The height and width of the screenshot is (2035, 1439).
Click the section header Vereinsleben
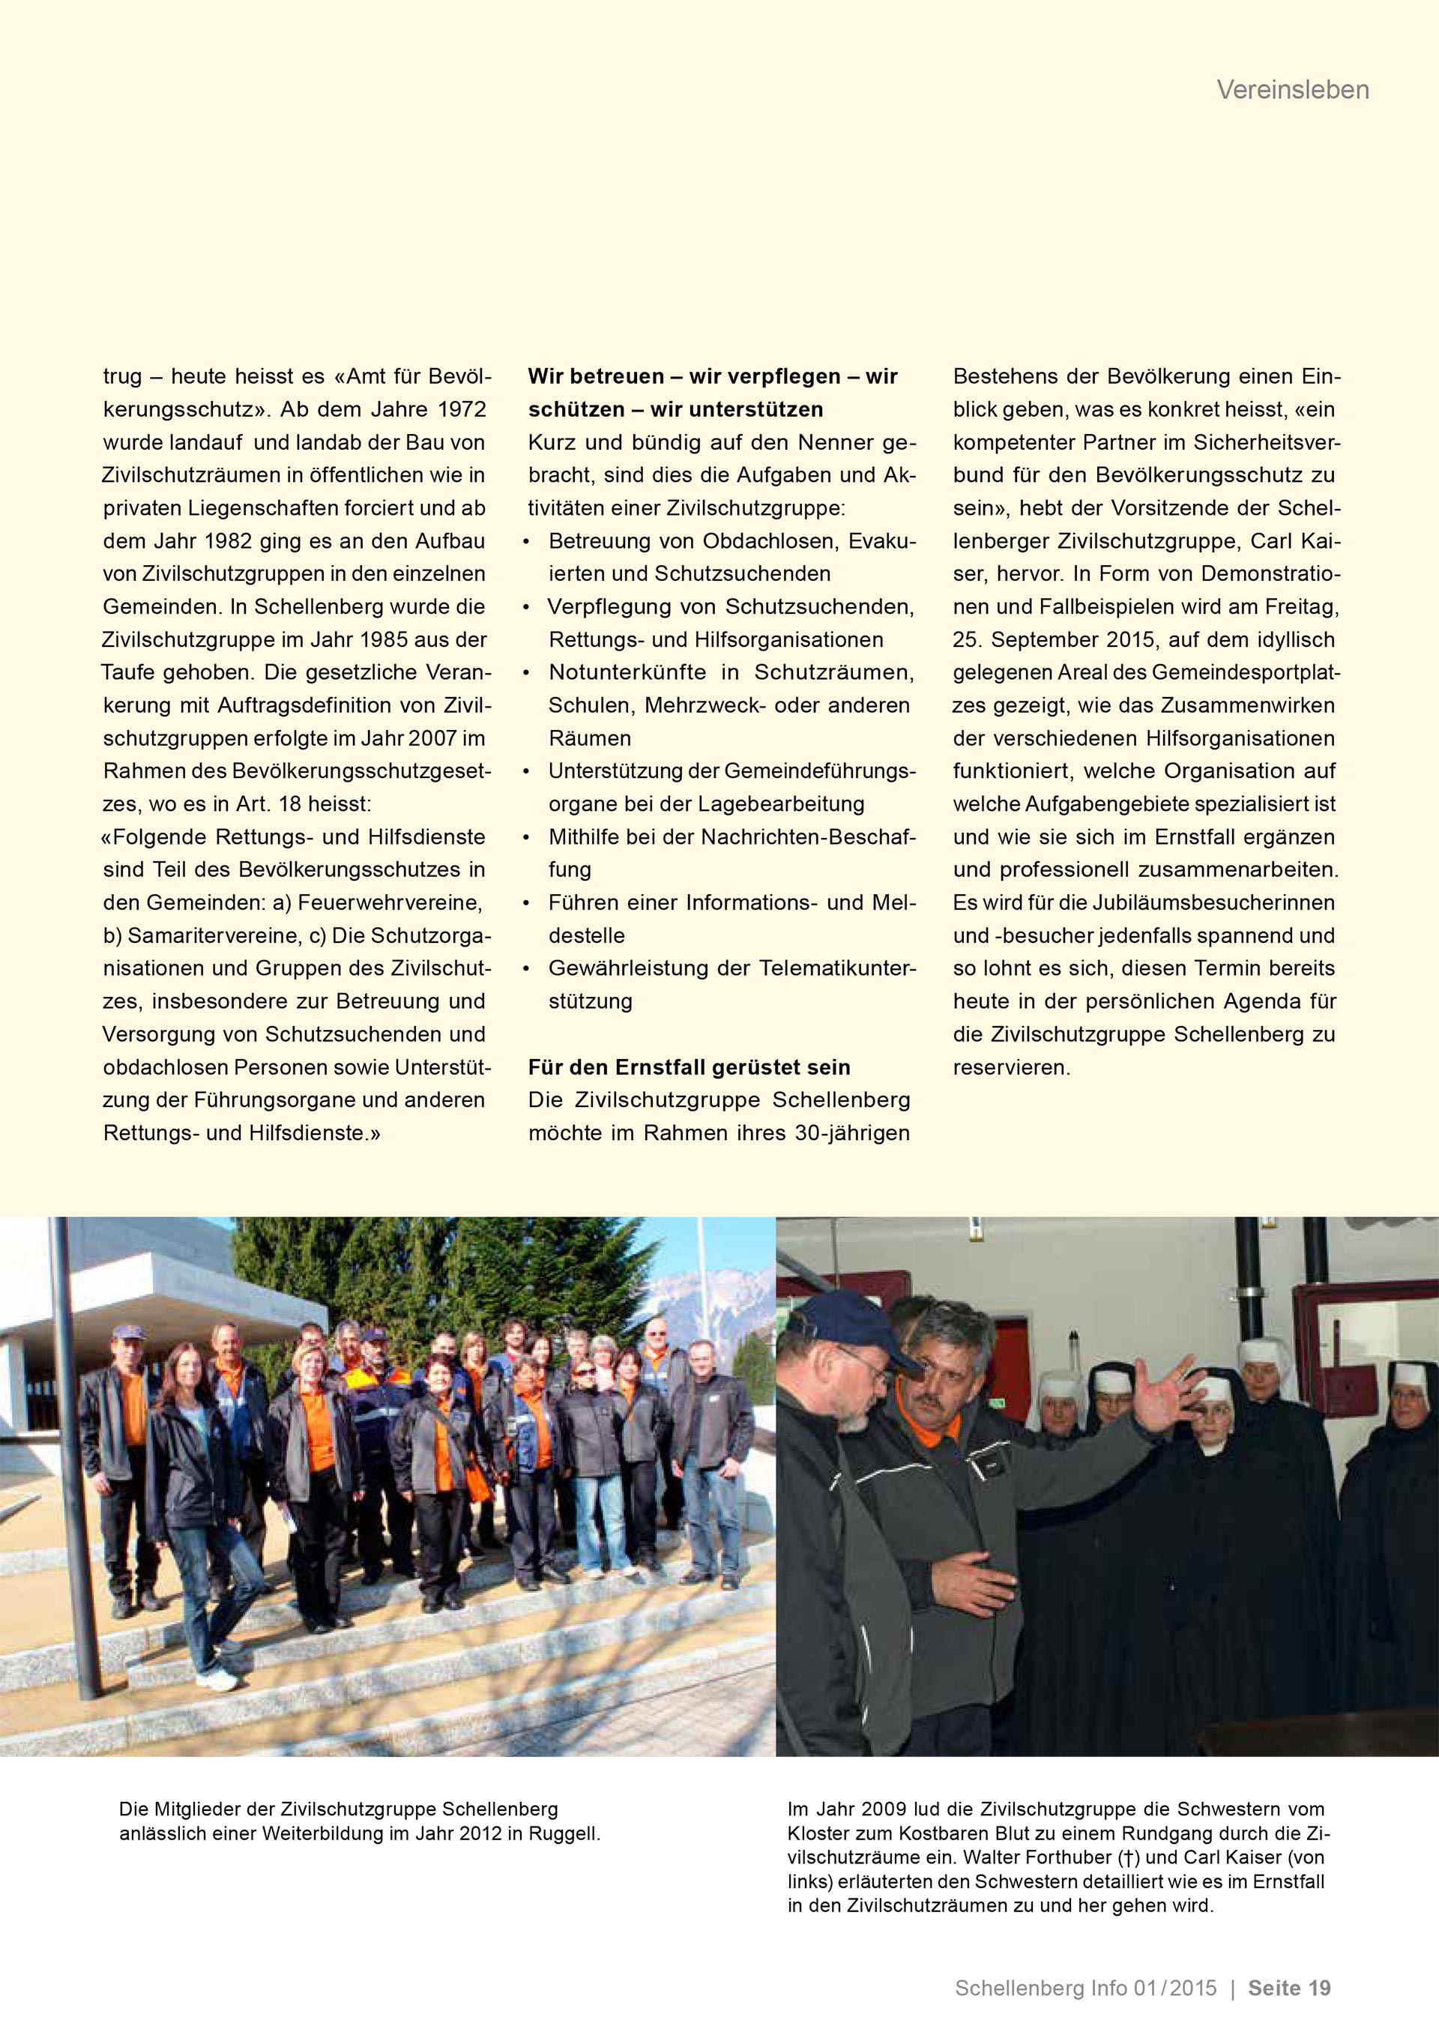(x=1292, y=89)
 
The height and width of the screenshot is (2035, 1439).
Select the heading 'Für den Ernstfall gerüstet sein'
(x=689, y=1067)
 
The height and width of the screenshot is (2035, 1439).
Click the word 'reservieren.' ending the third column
(x=1011, y=1068)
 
